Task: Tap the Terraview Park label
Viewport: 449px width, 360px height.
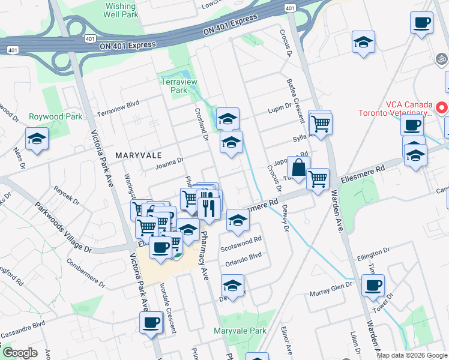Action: [175, 86]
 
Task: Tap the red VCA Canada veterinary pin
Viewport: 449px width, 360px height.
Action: [442, 108]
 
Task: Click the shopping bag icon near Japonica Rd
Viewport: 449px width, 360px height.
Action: [298, 168]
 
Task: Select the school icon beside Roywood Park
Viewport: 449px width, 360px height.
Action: [37, 139]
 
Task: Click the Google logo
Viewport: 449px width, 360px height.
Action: [20, 353]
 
